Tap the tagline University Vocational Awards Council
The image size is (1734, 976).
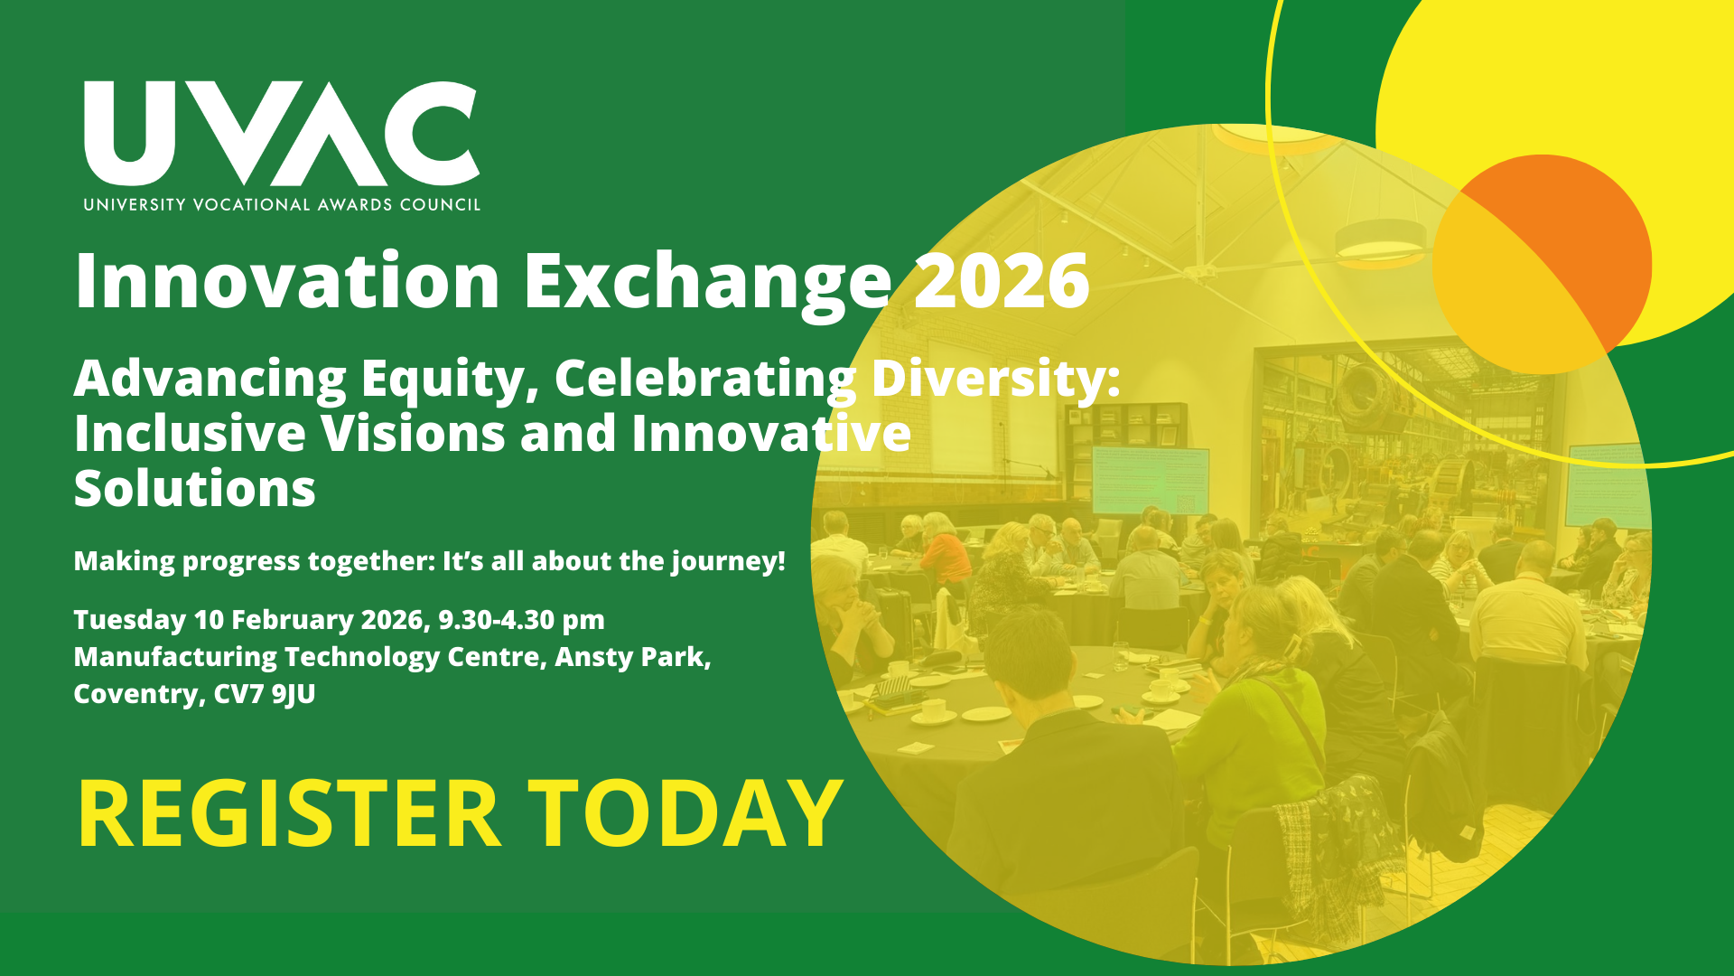point(282,205)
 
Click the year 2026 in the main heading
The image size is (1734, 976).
point(1001,281)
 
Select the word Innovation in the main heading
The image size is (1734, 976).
point(287,281)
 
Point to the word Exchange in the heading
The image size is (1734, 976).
point(708,285)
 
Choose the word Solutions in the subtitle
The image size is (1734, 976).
point(195,489)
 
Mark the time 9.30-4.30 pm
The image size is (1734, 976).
point(521,621)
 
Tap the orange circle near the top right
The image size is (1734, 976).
point(1543,265)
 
